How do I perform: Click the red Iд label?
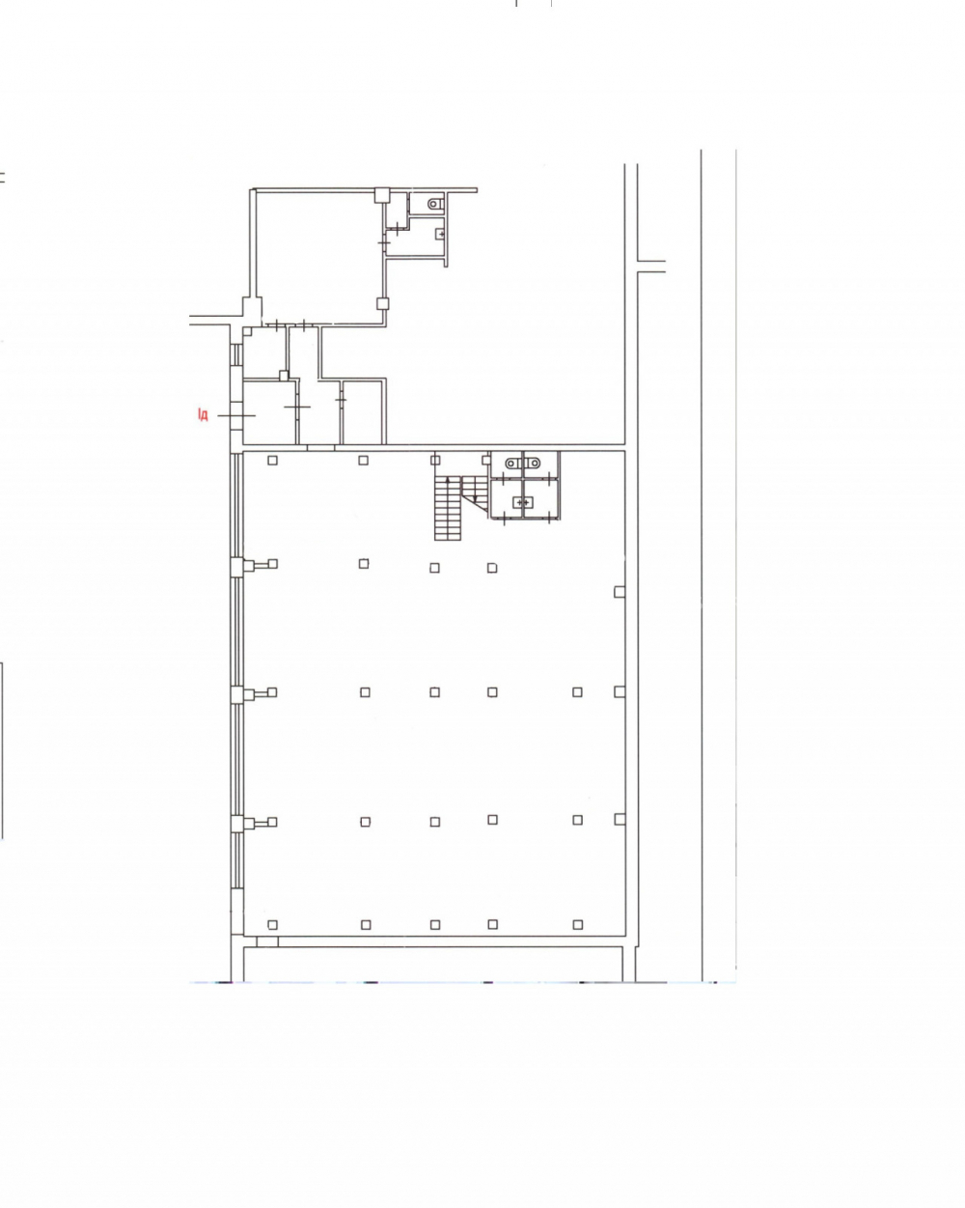[x=203, y=415]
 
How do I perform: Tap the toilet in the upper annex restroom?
[x=435, y=204]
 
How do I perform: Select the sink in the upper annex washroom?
[x=440, y=234]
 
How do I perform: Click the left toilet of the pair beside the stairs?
[x=512, y=464]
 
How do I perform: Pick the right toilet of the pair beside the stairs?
[x=533, y=464]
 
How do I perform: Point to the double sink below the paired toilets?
[x=523, y=502]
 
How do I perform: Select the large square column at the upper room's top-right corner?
[x=382, y=195]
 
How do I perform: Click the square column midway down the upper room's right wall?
[x=383, y=304]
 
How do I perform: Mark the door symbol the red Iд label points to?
[x=236, y=415]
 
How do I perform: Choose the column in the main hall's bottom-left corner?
[x=273, y=924]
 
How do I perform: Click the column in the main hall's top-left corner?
[x=273, y=461]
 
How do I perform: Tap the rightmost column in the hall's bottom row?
[x=578, y=924]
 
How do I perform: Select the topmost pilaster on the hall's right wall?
[x=620, y=592]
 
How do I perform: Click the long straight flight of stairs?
[x=448, y=508]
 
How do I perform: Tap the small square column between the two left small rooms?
[x=284, y=376]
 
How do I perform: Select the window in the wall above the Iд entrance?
[x=236, y=354]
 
